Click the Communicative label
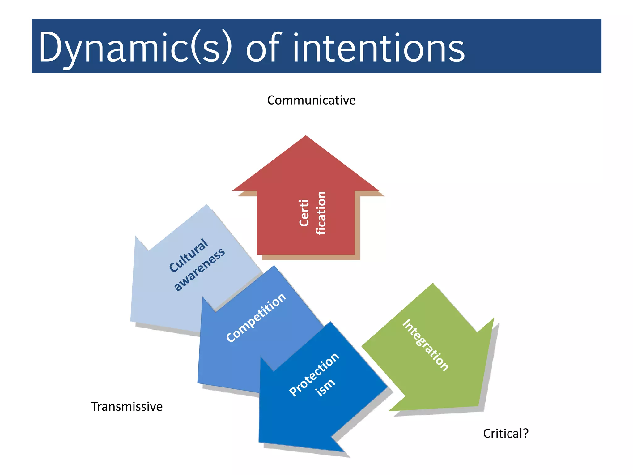(311, 100)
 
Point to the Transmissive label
(126, 406)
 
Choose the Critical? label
(506, 433)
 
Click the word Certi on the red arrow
(304, 213)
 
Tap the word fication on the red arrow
(321, 213)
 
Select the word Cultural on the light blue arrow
(189, 255)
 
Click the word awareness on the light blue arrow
(199, 269)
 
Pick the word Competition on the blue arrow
(256, 318)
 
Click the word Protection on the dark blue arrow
(314, 374)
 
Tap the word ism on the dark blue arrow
(325, 387)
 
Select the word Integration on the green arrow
(425, 345)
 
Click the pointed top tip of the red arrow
(306, 136)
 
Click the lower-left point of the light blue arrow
(131, 321)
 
